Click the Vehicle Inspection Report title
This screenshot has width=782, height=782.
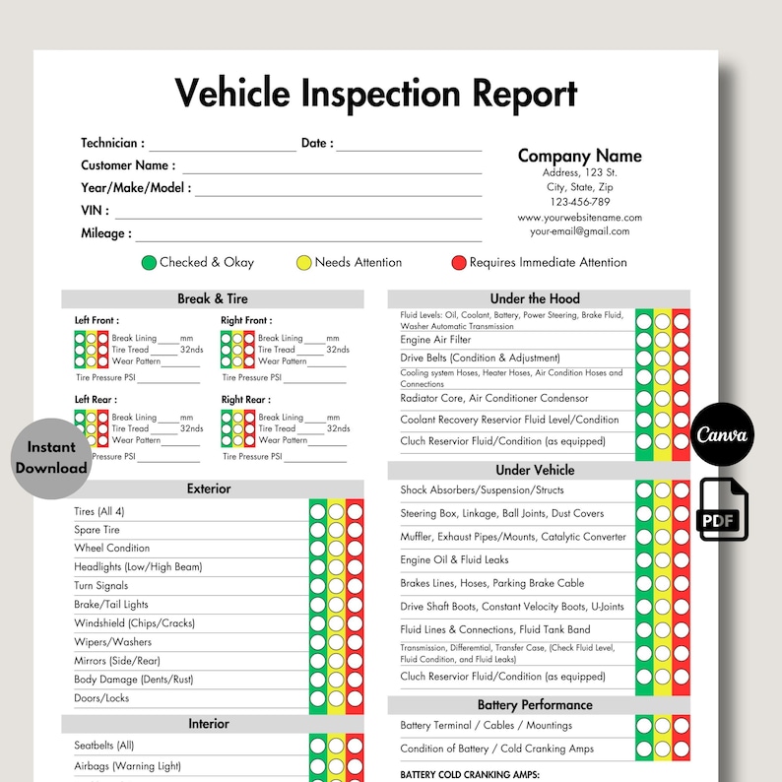pos(375,95)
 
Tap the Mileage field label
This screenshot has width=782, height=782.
pos(103,234)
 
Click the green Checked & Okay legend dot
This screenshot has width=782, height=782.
pos(149,263)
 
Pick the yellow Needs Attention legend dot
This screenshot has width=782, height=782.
pos(304,263)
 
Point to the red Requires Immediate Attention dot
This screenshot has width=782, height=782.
pos(458,263)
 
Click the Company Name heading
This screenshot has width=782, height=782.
pos(579,156)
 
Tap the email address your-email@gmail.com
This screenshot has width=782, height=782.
pos(579,232)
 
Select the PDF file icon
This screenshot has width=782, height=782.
pos(724,508)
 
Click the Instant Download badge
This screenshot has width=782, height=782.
pos(51,458)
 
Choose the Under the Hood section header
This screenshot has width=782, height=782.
pos(535,298)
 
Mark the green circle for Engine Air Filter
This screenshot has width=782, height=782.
pos(644,340)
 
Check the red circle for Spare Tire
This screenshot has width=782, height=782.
pos(355,530)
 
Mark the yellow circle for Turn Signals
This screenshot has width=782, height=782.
pos(336,586)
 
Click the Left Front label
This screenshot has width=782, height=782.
pos(96,320)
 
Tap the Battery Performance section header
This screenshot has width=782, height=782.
pos(535,705)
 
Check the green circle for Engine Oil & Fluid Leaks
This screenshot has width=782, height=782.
pos(644,559)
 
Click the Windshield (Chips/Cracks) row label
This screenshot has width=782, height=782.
pos(134,623)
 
